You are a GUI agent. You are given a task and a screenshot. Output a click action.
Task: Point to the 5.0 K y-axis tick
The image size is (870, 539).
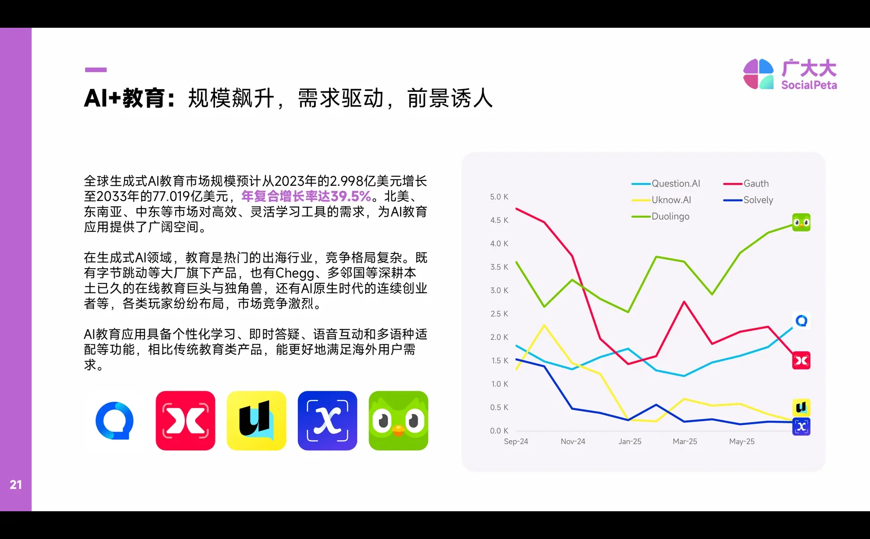(499, 197)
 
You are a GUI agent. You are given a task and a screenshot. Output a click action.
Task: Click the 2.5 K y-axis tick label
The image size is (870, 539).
(499, 314)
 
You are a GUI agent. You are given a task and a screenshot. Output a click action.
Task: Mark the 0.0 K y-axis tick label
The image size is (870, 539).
(499, 431)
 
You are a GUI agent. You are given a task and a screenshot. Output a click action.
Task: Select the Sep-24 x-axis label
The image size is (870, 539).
(516, 441)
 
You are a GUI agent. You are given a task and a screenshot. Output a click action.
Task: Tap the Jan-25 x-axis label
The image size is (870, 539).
(630, 441)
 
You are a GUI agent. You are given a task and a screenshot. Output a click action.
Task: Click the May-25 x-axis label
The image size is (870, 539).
(741, 441)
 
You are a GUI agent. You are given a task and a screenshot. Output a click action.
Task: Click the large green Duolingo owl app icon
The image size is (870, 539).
(398, 421)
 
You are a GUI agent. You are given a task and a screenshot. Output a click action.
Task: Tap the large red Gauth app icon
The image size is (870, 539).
(185, 421)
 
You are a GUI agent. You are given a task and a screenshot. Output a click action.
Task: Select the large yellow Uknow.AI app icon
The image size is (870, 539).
(256, 421)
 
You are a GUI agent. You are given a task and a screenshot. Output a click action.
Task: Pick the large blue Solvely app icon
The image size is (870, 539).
(327, 421)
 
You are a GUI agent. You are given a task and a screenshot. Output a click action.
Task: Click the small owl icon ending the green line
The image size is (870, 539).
(801, 222)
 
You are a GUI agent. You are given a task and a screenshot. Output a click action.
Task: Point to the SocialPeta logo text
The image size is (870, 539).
(809, 85)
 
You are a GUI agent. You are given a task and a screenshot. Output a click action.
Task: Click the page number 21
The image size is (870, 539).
(16, 484)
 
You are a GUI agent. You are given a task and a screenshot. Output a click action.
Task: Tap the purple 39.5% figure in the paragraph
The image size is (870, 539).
(351, 196)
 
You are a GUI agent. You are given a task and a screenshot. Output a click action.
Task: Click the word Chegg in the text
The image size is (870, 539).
(295, 273)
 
